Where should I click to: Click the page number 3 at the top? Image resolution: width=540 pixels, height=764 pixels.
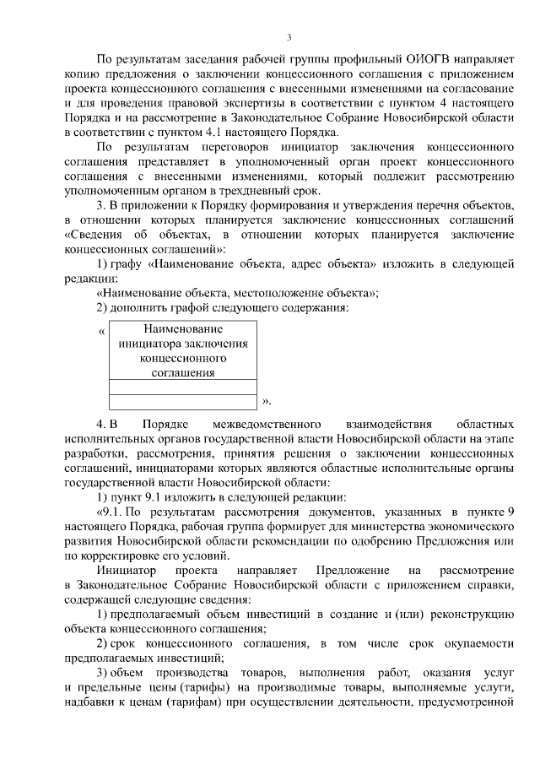pyautogui.click(x=289, y=37)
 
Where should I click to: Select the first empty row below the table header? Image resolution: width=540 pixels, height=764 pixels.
pyautogui.click(x=183, y=386)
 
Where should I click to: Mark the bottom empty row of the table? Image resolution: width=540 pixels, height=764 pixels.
pyautogui.click(x=183, y=401)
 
